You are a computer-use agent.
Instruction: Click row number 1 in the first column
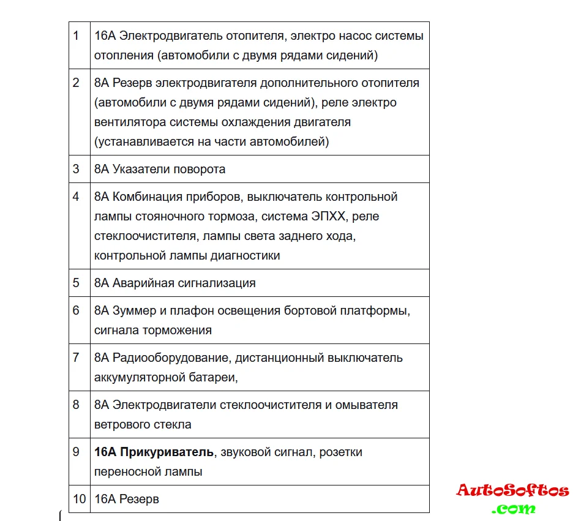pyautogui.click(x=76, y=36)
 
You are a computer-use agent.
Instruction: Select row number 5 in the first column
pyautogui.click(x=76, y=283)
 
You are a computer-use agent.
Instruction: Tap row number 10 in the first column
pyautogui.click(x=79, y=499)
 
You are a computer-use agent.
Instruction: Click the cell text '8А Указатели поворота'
pyautogui.click(x=160, y=169)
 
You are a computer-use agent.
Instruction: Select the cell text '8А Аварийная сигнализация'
pyautogui.click(x=175, y=283)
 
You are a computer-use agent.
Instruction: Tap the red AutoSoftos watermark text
pyautogui.click(x=512, y=490)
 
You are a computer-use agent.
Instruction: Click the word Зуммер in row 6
pyautogui.click(x=134, y=310)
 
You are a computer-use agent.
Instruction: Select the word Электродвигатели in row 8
pyautogui.click(x=163, y=405)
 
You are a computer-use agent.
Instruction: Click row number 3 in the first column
pyautogui.click(x=76, y=169)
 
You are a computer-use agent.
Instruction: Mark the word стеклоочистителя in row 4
pyautogui.click(x=144, y=236)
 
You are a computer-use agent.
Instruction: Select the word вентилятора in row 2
pyautogui.click(x=129, y=122)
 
